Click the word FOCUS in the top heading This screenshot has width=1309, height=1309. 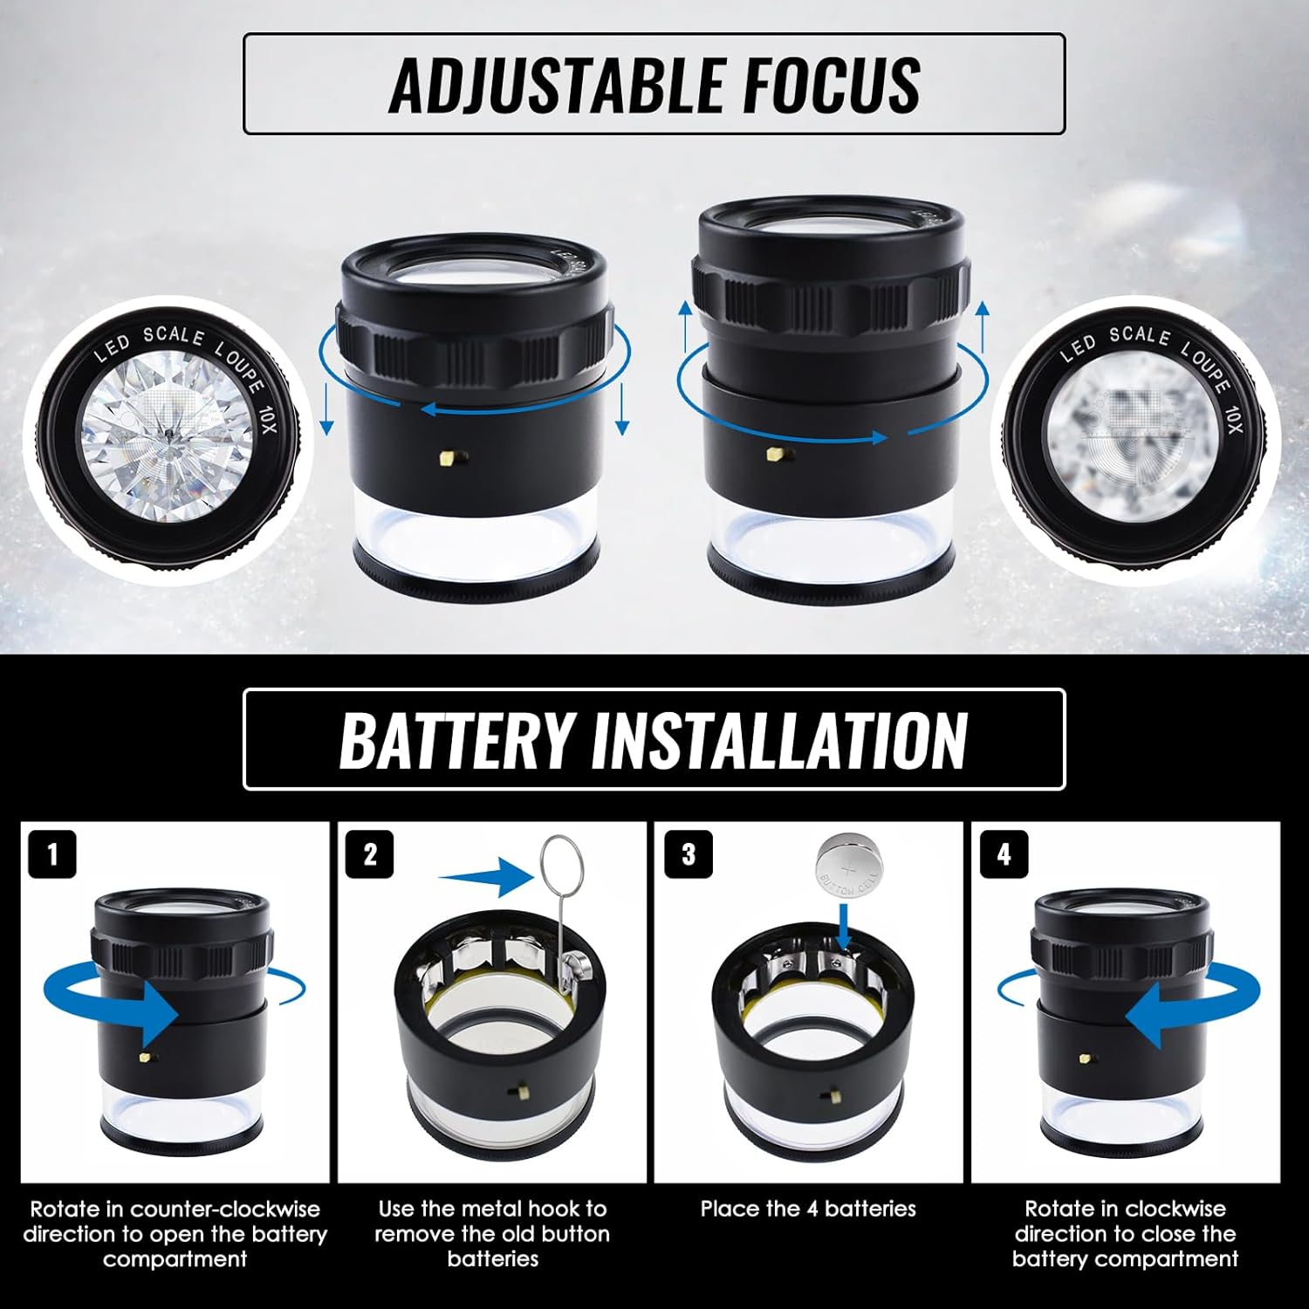821,85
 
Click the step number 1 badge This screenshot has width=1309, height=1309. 52,853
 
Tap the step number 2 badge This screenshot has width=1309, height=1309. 370,853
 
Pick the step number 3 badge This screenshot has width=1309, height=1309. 688,853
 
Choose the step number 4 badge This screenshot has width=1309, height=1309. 1004,853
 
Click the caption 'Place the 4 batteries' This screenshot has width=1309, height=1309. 808,1209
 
